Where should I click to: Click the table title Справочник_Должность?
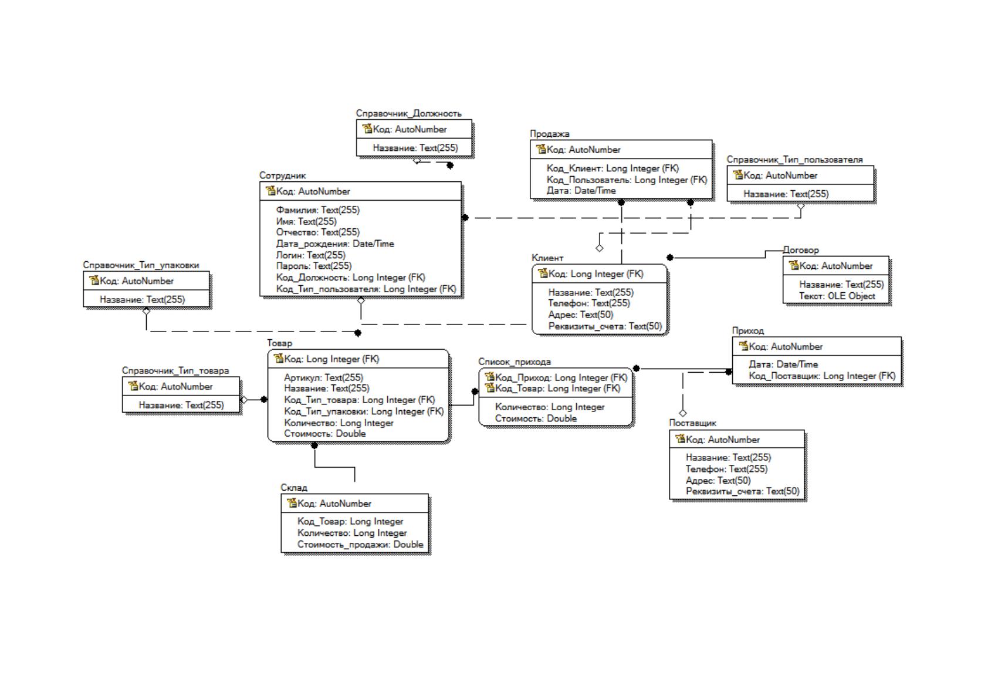408,113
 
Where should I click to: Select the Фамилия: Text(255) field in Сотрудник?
317,210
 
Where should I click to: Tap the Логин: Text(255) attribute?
310,255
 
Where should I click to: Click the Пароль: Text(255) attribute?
314,266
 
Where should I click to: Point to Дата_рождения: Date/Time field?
335,244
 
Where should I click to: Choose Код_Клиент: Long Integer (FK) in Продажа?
613,168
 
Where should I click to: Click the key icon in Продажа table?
541,149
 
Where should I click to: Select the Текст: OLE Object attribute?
837,296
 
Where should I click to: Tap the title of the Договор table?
800,250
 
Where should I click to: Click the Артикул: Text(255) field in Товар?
323,378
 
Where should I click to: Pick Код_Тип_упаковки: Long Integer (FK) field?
363,411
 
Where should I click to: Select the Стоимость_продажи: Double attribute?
360,544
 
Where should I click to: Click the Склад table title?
294,488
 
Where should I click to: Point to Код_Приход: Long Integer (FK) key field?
561,378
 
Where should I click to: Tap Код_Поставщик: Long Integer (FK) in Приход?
822,376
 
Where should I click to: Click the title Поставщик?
692,423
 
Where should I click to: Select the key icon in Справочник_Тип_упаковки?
94,280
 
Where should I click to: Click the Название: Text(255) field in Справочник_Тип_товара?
181,405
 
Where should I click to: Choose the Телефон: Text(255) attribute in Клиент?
589,303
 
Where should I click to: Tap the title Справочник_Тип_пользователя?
794,160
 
